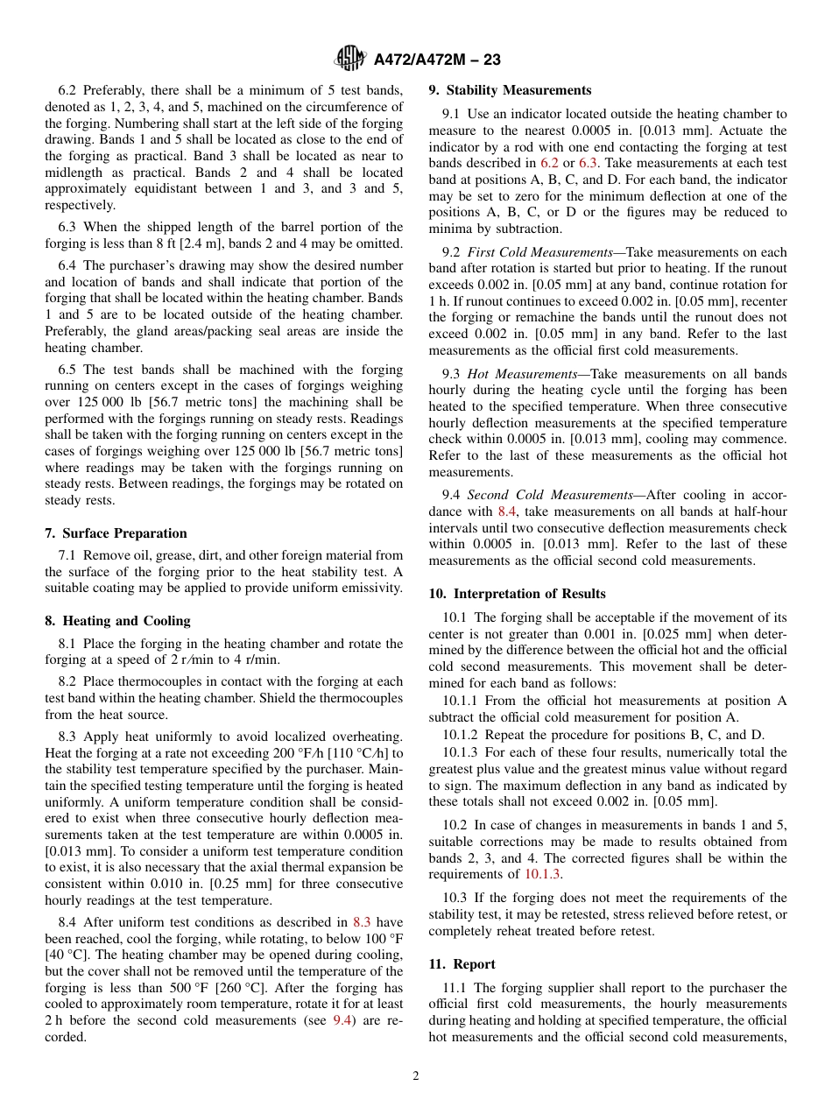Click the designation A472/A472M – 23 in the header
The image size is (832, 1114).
pyautogui.click(x=437, y=60)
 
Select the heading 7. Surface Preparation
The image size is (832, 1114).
pyautogui.click(x=116, y=533)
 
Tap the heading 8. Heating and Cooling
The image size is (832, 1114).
pyautogui.click(x=117, y=621)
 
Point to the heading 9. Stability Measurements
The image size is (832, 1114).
pyautogui.click(x=510, y=90)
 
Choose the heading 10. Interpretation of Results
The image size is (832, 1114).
pyautogui.click(x=517, y=594)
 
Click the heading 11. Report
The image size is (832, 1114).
pyautogui.click(x=462, y=964)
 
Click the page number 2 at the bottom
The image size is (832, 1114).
pyautogui.click(x=416, y=1076)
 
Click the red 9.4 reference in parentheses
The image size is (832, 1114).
pyautogui.click(x=342, y=1020)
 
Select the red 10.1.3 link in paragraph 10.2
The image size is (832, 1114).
pyautogui.click(x=544, y=874)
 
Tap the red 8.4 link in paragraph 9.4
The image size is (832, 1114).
pyautogui.click(x=507, y=511)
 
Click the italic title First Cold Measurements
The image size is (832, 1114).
pyautogui.click(x=542, y=252)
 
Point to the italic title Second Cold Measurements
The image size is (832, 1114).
pyautogui.click(x=549, y=495)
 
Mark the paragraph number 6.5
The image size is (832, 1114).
pyautogui.click(x=68, y=370)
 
